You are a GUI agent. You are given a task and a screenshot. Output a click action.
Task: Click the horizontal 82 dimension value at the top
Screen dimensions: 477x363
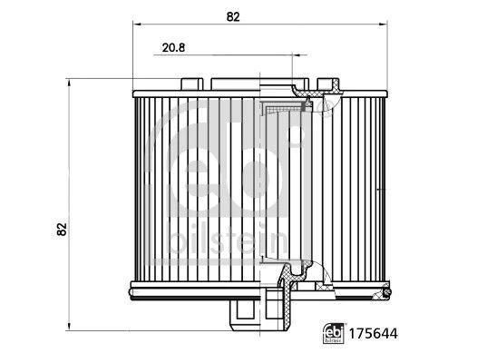[x=233, y=17]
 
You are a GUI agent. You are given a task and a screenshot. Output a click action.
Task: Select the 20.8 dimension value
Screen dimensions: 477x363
[x=173, y=48]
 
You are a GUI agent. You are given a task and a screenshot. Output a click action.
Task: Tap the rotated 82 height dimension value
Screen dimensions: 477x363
[x=62, y=229]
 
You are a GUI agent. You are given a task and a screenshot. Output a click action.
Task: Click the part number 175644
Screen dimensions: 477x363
[x=373, y=334]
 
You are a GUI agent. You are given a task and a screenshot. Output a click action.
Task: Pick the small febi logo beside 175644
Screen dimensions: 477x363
[x=334, y=333]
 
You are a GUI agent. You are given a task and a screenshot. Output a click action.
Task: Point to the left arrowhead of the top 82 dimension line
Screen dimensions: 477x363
[x=136, y=24]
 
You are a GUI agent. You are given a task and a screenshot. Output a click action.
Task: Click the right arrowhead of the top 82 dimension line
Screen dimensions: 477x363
[x=384, y=24]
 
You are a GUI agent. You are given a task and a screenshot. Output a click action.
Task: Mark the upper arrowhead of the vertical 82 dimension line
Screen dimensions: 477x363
[x=69, y=83]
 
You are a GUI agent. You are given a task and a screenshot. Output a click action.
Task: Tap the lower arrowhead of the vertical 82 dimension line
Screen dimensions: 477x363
[x=69, y=327]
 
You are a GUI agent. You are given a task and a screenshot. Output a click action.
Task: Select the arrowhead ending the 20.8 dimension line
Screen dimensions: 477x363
[x=296, y=55]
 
